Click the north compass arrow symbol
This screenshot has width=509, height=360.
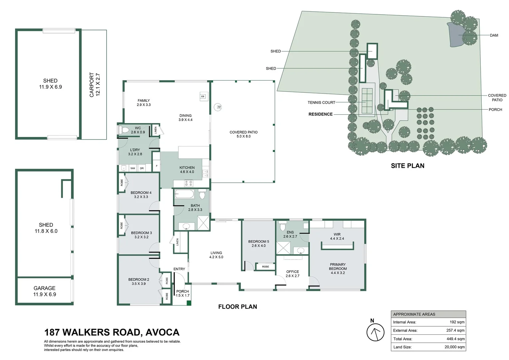tap(375, 332)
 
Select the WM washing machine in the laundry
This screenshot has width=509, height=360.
tap(133, 168)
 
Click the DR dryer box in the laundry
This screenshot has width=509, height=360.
tap(142, 168)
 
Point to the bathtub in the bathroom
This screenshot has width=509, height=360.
tap(184, 194)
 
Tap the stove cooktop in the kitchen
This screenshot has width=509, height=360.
tap(188, 183)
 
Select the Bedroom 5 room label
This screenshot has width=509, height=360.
tap(258, 244)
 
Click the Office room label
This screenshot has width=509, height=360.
tap(292, 274)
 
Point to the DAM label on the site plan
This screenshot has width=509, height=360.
tap(494, 35)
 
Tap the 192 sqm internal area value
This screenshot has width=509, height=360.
tap(457, 322)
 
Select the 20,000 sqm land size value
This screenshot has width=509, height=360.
tap(454, 347)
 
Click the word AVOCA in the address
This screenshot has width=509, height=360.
tap(163, 332)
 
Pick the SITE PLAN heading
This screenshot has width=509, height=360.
tap(408, 166)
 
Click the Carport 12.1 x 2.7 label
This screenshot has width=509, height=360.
tap(95, 85)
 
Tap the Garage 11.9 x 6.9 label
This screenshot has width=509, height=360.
tap(45, 291)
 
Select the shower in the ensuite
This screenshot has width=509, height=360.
tap(283, 248)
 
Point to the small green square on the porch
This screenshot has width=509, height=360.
tap(189, 303)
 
